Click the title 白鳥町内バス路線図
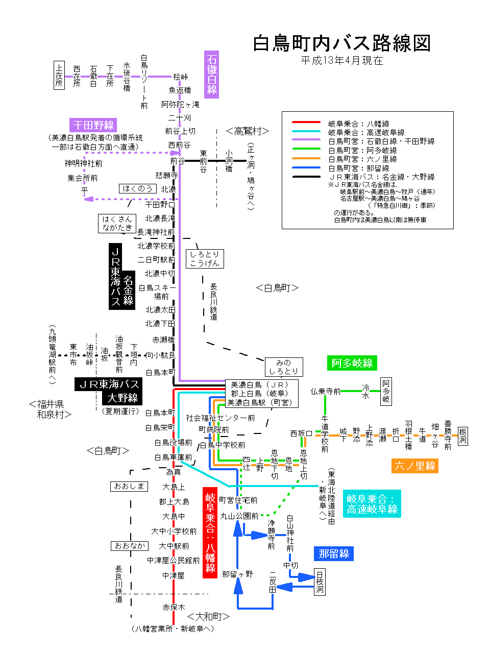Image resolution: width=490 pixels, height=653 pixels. point(341,43)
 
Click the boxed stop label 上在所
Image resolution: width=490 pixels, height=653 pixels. point(59,75)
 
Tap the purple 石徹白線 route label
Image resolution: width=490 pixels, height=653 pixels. point(211,74)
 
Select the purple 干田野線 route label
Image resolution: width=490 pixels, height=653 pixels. point(93,125)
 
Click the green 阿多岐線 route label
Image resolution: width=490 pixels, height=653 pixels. point(352,363)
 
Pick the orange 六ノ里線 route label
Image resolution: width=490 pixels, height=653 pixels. point(415,466)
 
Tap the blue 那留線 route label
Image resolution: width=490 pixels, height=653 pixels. point(333,553)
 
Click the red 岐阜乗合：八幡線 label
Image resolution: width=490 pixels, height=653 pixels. point(210,533)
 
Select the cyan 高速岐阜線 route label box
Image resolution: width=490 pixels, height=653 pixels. point(372,504)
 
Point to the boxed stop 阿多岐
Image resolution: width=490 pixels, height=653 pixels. point(386,391)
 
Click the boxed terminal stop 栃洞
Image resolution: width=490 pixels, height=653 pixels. point(462,436)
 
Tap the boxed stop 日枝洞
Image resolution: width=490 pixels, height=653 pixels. point(320,582)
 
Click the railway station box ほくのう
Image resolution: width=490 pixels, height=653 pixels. point(137,188)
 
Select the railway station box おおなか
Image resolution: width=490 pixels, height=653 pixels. point(130,546)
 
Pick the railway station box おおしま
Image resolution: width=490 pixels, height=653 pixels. point(129,486)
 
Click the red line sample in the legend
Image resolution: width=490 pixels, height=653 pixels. point(306,123)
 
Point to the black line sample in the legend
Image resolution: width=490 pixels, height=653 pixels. point(306,177)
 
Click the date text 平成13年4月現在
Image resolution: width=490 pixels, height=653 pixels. point(341,61)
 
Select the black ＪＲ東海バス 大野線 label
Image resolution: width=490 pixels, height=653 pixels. point(109,391)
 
